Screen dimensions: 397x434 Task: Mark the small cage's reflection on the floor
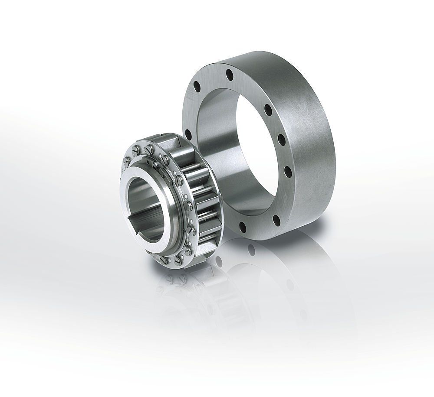pos(182,299)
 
